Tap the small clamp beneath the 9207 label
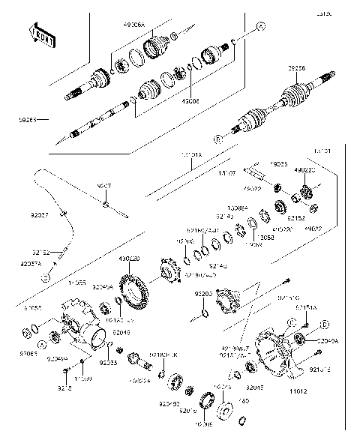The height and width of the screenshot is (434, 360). tap(106, 204)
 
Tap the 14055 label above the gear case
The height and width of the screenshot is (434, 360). tap(77, 284)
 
